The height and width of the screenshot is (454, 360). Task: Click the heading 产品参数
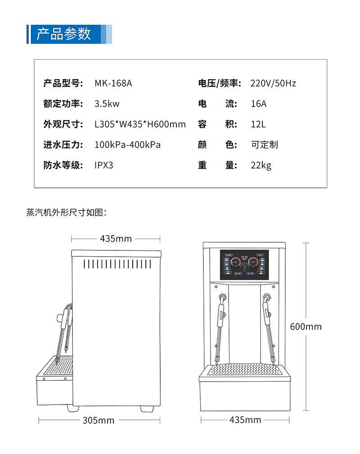tap(63, 34)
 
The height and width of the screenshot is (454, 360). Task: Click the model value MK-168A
tap(113, 83)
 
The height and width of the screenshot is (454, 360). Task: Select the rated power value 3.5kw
tap(107, 104)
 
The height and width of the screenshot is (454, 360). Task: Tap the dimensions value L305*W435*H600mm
tap(140, 124)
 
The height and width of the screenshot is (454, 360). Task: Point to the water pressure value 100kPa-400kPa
tap(127, 145)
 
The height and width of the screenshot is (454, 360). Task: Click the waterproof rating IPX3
tap(104, 165)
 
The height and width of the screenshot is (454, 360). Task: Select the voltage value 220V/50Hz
tap(273, 83)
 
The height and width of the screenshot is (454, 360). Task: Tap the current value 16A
tap(259, 104)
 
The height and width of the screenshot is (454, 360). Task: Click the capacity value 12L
tap(258, 124)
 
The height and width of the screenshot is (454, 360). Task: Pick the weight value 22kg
tap(261, 165)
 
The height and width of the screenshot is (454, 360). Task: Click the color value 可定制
tap(265, 145)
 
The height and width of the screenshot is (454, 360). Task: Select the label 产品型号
tap(63, 83)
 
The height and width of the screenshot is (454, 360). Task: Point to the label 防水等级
tap(63, 165)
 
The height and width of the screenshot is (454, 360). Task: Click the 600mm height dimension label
tap(306, 326)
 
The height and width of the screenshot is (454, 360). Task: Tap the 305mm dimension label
tap(99, 420)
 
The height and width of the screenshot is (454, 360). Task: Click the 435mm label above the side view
tap(116, 239)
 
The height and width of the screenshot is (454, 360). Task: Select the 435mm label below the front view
tap(245, 420)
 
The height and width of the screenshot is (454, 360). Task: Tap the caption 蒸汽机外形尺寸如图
tap(66, 212)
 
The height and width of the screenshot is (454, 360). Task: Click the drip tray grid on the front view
tap(245, 369)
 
